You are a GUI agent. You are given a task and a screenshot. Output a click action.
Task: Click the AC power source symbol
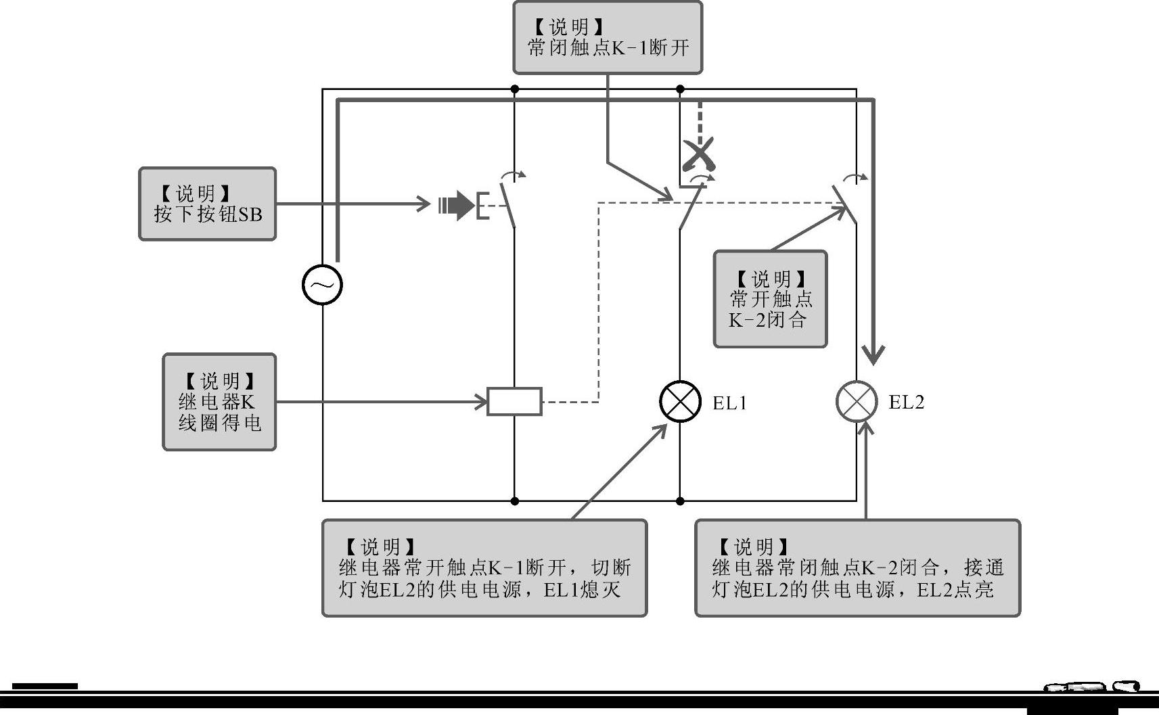pyautogui.click(x=322, y=284)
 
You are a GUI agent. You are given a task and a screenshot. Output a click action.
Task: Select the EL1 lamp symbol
pyautogui.click(x=680, y=401)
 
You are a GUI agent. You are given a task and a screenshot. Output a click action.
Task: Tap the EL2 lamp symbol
pyautogui.click(x=857, y=401)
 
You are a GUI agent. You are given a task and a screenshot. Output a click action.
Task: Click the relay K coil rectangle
pyautogui.click(x=514, y=401)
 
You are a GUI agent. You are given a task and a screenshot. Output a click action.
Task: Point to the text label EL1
pyautogui.click(x=730, y=403)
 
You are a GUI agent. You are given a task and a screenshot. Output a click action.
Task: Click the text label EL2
pyautogui.click(x=906, y=402)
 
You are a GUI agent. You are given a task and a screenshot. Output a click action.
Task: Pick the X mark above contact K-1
pyautogui.click(x=698, y=156)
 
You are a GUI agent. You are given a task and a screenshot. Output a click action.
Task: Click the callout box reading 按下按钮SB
pyautogui.click(x=207, y=204)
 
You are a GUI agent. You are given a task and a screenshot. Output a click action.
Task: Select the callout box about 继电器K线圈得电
pyautogui.click(x=219, y=402)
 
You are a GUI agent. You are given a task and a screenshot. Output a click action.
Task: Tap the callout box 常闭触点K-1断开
pyautogui.click(x=608, y=37)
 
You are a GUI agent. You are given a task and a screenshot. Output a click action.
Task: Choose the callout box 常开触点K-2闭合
pyautogui.click(x=770, y=299)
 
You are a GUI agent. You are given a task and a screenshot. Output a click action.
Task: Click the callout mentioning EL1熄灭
pyautogui.click(x=484, y=568)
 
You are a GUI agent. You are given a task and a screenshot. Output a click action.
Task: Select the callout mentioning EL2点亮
pyautogui.click(x=857, y=568)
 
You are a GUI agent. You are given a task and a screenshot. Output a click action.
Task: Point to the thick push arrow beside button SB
pyautogui.click(x=457, y=205)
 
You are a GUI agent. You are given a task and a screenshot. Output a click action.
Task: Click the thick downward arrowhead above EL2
pyautogui.click(x=873, y=353)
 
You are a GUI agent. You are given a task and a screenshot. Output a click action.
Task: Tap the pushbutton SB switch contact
pyautogui.click(x=507, y=205)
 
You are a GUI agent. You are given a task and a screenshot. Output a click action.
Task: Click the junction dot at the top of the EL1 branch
pyautogui.click(x=680, y=89)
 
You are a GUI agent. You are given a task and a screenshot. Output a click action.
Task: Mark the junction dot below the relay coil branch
pyautogui.click(x=514, y=501)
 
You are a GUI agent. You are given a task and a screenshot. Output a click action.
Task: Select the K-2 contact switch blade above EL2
pyautogui.click(x=845, y=203)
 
